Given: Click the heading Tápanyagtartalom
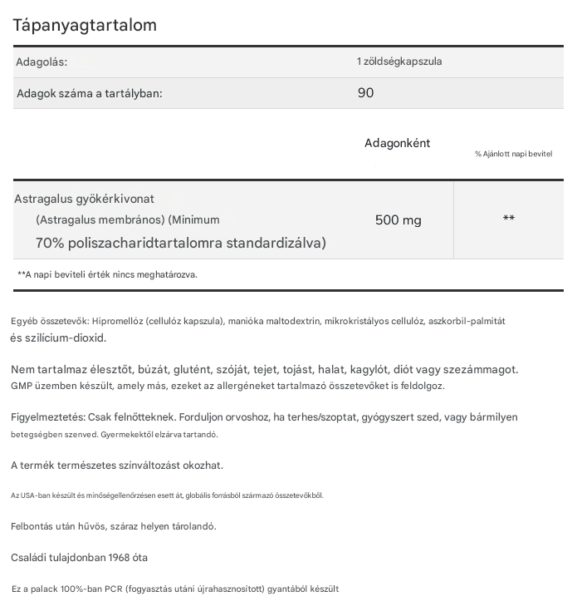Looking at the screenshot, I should point(85,26).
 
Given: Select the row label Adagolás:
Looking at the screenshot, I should point(42,62).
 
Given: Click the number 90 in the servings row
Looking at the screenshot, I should point(365,92).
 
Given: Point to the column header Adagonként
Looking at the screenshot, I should point(398,143).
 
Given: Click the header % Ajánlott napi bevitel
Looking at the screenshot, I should point(513,155).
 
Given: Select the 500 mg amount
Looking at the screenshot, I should point(399,220).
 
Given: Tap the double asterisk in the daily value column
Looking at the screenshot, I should point(509,219).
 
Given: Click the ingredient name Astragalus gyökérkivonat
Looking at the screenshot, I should point(85,199).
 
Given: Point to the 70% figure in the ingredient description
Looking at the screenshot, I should point(49,243).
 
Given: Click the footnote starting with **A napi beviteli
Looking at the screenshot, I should point(107,273).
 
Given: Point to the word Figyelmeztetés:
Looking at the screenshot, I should point(48,416).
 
